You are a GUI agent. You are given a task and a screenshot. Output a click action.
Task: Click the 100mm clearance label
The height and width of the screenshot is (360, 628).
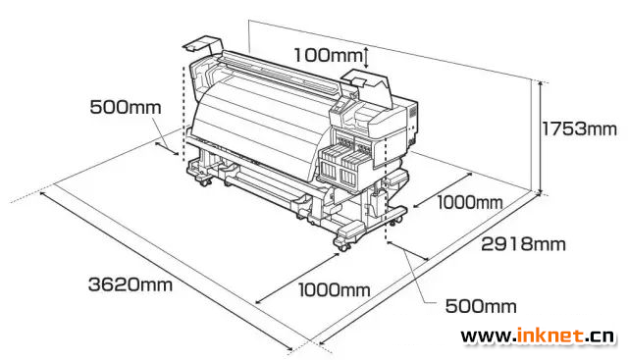pyautogui.click(x=329, y=55)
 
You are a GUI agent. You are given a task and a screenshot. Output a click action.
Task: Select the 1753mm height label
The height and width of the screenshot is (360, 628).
pyautogui.click(x=579, y=129)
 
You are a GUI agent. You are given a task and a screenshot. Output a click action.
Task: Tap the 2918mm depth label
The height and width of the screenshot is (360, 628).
pyautogui.click(x=523, y=244)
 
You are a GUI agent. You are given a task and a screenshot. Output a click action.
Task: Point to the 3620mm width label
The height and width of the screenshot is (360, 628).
pyautogui.click(x=131, y=284)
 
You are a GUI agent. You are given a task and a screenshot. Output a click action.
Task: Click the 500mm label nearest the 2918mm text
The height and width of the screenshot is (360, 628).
pyautogui.click(x=481, y=306)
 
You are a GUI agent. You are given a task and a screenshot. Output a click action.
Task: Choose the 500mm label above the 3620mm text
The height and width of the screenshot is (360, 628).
pyautogui.click(x=126, y=107)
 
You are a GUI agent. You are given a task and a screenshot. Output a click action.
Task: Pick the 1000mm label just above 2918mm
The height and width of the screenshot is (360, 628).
pyautogui.click(x=469, y=202)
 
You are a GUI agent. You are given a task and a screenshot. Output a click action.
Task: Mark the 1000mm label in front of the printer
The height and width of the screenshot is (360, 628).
pyautogui.click(x=335, y=289)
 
